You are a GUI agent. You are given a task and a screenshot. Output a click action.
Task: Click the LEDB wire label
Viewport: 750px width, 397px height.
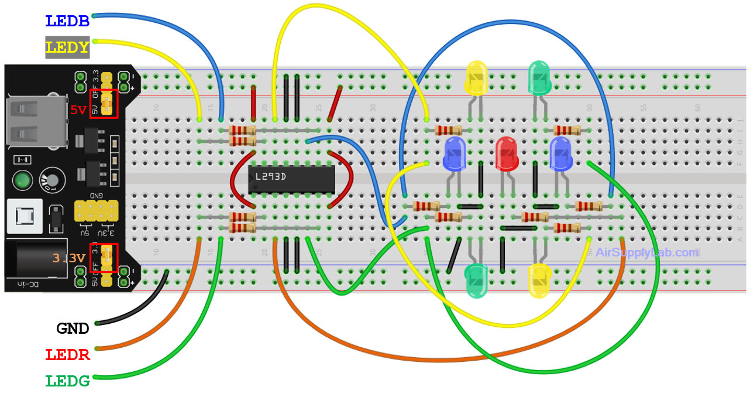pyautogui.click(x=67, y=21)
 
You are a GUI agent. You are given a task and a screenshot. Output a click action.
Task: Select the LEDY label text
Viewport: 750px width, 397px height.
pyautogui.click(x=67, y=47)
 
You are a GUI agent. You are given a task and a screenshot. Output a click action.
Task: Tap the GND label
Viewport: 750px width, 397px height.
pyautogui.click(x=73, y=328)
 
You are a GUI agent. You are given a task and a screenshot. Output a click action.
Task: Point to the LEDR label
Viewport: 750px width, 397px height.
pyautogui.click(x=67, y=354)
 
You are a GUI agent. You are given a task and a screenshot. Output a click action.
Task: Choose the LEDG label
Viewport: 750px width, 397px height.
pyautogui.click(x=67, y=381)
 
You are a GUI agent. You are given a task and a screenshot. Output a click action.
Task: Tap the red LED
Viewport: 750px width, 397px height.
pyautogui.click(x=506, y=153)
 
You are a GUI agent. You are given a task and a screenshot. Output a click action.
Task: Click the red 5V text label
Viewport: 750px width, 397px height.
pyautogui.click(x=78, y=109)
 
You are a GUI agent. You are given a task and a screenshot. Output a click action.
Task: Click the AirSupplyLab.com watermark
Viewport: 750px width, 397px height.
pyautogui.click(x=646, y=252)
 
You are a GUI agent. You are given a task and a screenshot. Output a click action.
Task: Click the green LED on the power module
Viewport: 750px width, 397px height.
pyautogui.click(x=22, y=180)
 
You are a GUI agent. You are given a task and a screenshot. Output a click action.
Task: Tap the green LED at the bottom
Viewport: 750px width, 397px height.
pyautogui.click(x=476, y=280)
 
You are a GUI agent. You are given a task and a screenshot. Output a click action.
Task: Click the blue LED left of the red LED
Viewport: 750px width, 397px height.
pyautogui.click(x=455, y=153)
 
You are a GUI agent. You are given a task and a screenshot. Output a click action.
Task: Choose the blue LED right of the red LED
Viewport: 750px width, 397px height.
pyautogui.click(x=560, y=153)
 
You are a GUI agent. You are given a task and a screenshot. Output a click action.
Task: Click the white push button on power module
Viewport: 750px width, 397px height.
pyautogui.click(x=25, y=217)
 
